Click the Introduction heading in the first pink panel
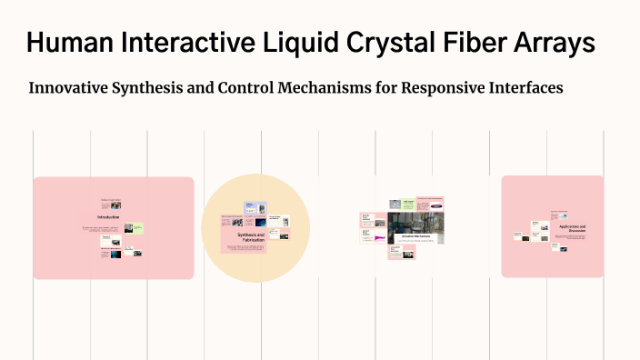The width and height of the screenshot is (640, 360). coord(110,218)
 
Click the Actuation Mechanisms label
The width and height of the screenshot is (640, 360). coord(415,236)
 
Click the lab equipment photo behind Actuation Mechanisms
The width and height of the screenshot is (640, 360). coord(415,223)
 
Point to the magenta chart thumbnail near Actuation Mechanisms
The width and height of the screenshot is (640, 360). coord(379,239)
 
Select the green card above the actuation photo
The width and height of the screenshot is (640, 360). coord(409,203)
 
